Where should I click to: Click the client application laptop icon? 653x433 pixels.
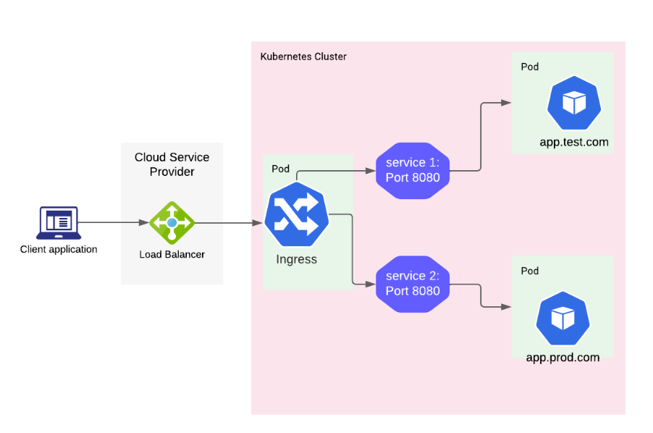(59, 222)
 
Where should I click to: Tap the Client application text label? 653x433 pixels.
(59, 250)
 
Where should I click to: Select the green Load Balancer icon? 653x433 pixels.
(172, 222)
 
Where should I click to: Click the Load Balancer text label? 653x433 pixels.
(172, 254)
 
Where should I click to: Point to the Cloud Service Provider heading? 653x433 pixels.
(172, 164)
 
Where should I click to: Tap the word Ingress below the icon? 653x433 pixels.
(296, 259)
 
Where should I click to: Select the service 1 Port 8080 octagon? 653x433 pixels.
(413, 170)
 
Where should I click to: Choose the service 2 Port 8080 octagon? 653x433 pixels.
(413, 284)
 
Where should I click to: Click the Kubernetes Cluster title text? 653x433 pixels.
(303, 56)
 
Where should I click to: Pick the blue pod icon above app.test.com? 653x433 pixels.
(573, 104)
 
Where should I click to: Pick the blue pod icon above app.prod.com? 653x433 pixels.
(563, 318)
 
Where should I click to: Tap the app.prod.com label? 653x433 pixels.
(563, 358)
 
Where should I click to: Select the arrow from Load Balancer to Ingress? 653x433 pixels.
(228, 222)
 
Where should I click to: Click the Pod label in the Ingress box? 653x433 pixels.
(280, 169)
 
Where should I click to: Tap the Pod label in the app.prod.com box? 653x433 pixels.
(530, 271)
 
